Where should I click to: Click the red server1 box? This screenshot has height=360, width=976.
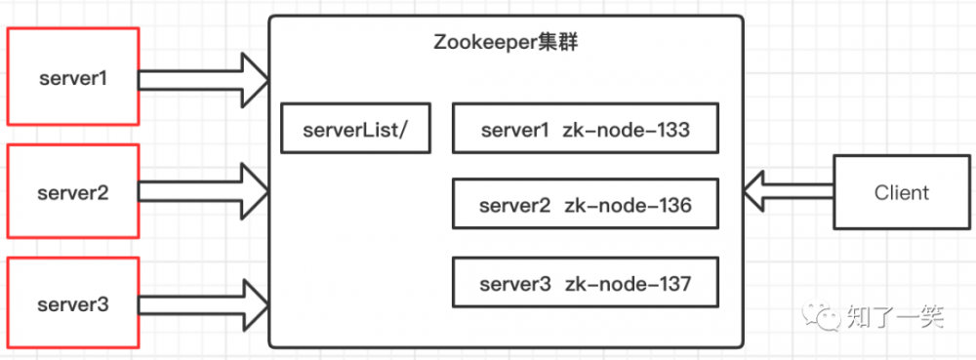pyautogui.click(x=72, y=77)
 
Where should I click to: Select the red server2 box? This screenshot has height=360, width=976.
pyautogui.click(x=72, y=192)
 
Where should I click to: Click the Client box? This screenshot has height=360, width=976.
pyautogui.click(x=901, y=192)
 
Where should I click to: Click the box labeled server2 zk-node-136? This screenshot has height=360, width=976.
pyautogui.click(x=586, y=206)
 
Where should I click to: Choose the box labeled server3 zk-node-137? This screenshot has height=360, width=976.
pyautogui.click(x=586, y=284)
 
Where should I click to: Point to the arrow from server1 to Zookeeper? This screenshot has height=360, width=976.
pyautogui.click(x=205, y=78)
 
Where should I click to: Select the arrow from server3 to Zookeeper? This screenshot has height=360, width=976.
pyautogui.click(x=205, y=302)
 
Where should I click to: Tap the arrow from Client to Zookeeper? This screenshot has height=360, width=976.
pyautogui.click(x=787, y=189)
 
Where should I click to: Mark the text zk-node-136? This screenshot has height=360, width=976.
pyautogui.click(x=627, y=206)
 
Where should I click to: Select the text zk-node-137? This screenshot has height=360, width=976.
pyautogui.click(x=627, y=284)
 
